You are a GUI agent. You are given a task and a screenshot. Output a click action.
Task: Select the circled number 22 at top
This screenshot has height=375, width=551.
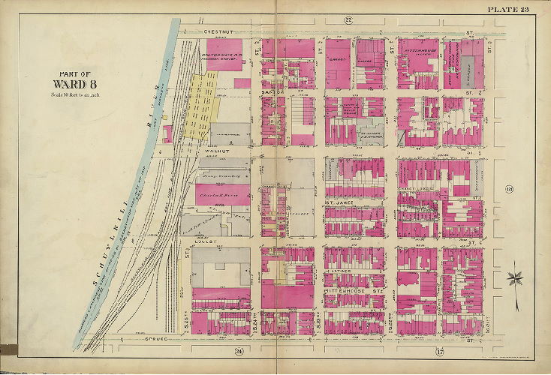348,19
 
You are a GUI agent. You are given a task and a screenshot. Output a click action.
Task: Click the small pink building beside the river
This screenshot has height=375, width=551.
167,134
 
